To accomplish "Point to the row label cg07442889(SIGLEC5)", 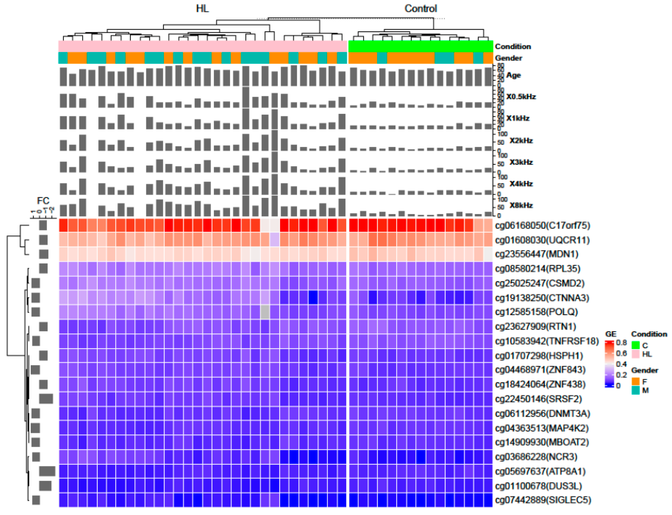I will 543,500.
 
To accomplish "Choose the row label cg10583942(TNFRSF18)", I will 546,341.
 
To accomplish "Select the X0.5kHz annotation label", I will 521,97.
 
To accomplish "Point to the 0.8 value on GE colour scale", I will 621,343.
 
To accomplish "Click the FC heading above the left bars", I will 43,201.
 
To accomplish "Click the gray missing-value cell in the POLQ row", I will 265,312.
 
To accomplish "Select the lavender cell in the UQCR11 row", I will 275,240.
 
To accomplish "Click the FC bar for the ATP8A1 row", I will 47,471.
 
